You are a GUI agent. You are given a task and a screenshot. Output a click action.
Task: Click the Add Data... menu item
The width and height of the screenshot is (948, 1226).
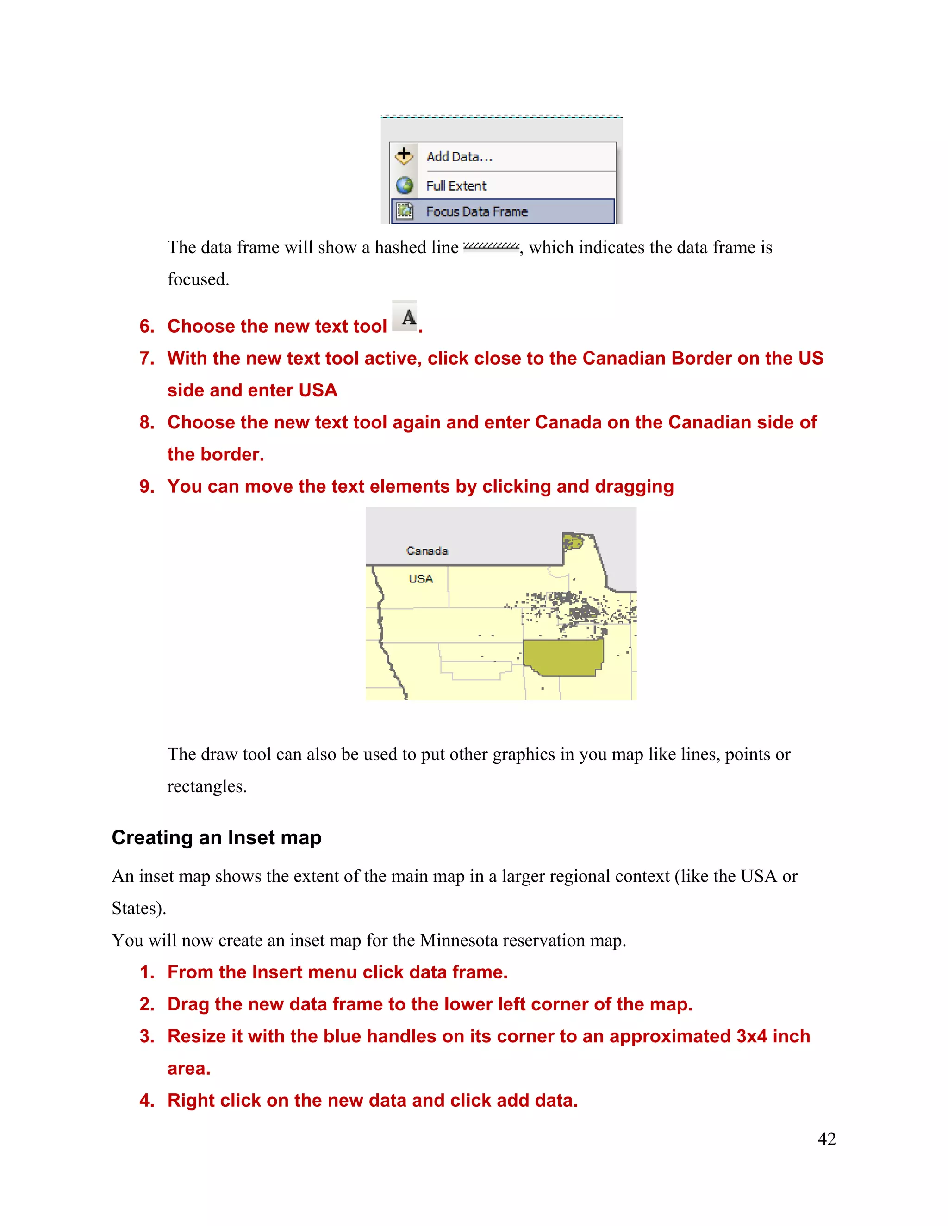point(459,157)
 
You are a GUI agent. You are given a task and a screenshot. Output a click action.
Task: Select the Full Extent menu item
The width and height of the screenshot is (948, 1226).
point(456,186)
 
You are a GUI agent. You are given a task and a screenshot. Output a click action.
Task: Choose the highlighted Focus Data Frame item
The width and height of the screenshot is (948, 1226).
point(477,211)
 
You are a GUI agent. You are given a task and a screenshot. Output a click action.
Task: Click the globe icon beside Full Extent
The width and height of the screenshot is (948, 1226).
point(405,185)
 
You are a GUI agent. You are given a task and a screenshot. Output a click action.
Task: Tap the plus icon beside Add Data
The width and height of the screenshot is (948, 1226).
point(404,155)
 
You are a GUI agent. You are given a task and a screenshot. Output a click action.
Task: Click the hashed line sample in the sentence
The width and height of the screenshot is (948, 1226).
point(491,247)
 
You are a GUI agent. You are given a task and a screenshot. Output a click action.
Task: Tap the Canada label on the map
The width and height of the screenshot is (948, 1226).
point(427,551)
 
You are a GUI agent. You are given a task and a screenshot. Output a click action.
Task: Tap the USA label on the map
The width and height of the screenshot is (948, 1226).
point(421,579)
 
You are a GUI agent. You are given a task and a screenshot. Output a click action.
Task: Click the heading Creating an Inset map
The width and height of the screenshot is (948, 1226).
point(216,837)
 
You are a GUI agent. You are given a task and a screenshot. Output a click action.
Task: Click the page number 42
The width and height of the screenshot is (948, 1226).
point(826,1139)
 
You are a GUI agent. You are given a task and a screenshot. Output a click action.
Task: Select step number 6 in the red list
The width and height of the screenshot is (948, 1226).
point(147,326)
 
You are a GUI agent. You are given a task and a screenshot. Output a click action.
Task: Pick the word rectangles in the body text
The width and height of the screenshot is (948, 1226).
point(206,786)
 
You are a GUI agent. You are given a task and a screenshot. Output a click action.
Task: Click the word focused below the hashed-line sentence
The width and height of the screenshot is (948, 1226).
point(198,279)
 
